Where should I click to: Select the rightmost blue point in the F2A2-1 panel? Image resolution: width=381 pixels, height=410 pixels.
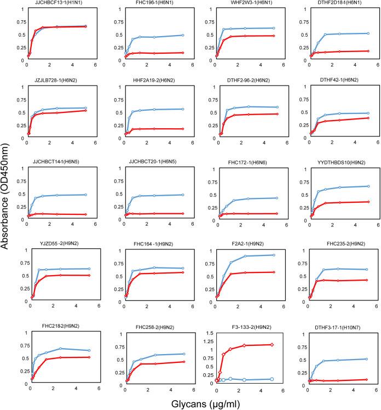pyautogui.click(x=274, y=255)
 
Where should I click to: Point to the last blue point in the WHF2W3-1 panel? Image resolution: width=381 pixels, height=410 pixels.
pyautogui.click(x=274, y=28)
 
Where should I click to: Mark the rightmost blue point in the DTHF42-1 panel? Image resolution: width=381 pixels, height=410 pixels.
pyautogui.click(x=368, y=113)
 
